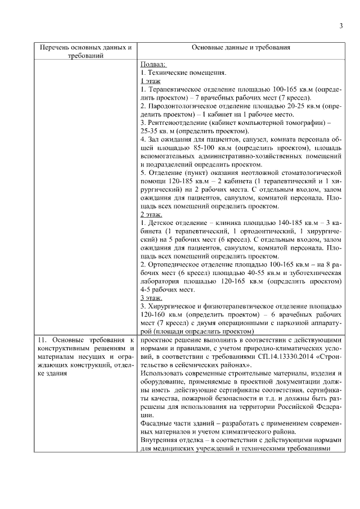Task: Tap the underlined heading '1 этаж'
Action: point(150,81)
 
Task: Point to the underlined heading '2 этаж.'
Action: point(151,214)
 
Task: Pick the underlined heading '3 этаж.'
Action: point(151,298)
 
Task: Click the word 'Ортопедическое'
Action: point(173,263)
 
